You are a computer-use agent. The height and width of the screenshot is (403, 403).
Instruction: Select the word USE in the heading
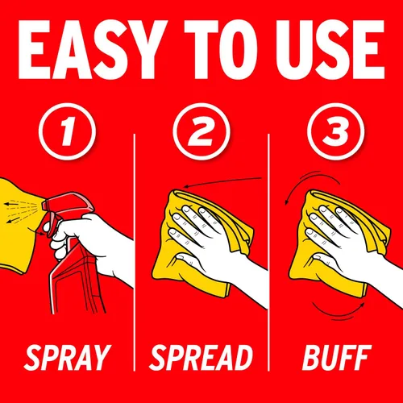[x=330, y=50]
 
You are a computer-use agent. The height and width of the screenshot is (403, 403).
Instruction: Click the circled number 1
[x=67, y=131]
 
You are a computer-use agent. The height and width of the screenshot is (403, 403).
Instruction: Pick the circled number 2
[x=201, y=131]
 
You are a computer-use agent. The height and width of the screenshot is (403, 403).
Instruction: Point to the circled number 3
[x=336, y=131]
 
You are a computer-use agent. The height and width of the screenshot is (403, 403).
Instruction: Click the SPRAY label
[x=67, y=358]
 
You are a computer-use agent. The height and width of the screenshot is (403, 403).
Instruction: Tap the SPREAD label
[x=201, y=358]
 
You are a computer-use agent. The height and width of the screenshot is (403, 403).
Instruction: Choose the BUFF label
[x=337, y=358]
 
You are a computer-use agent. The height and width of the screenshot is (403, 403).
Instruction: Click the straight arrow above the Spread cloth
[x=223, y=181]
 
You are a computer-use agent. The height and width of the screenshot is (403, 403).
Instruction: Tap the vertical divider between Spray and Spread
[x=135, y=252]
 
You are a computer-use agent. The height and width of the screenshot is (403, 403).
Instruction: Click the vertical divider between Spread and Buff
[x=268, y=252]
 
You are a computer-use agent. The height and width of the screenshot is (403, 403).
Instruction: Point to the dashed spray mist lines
[x=21, y=211]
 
